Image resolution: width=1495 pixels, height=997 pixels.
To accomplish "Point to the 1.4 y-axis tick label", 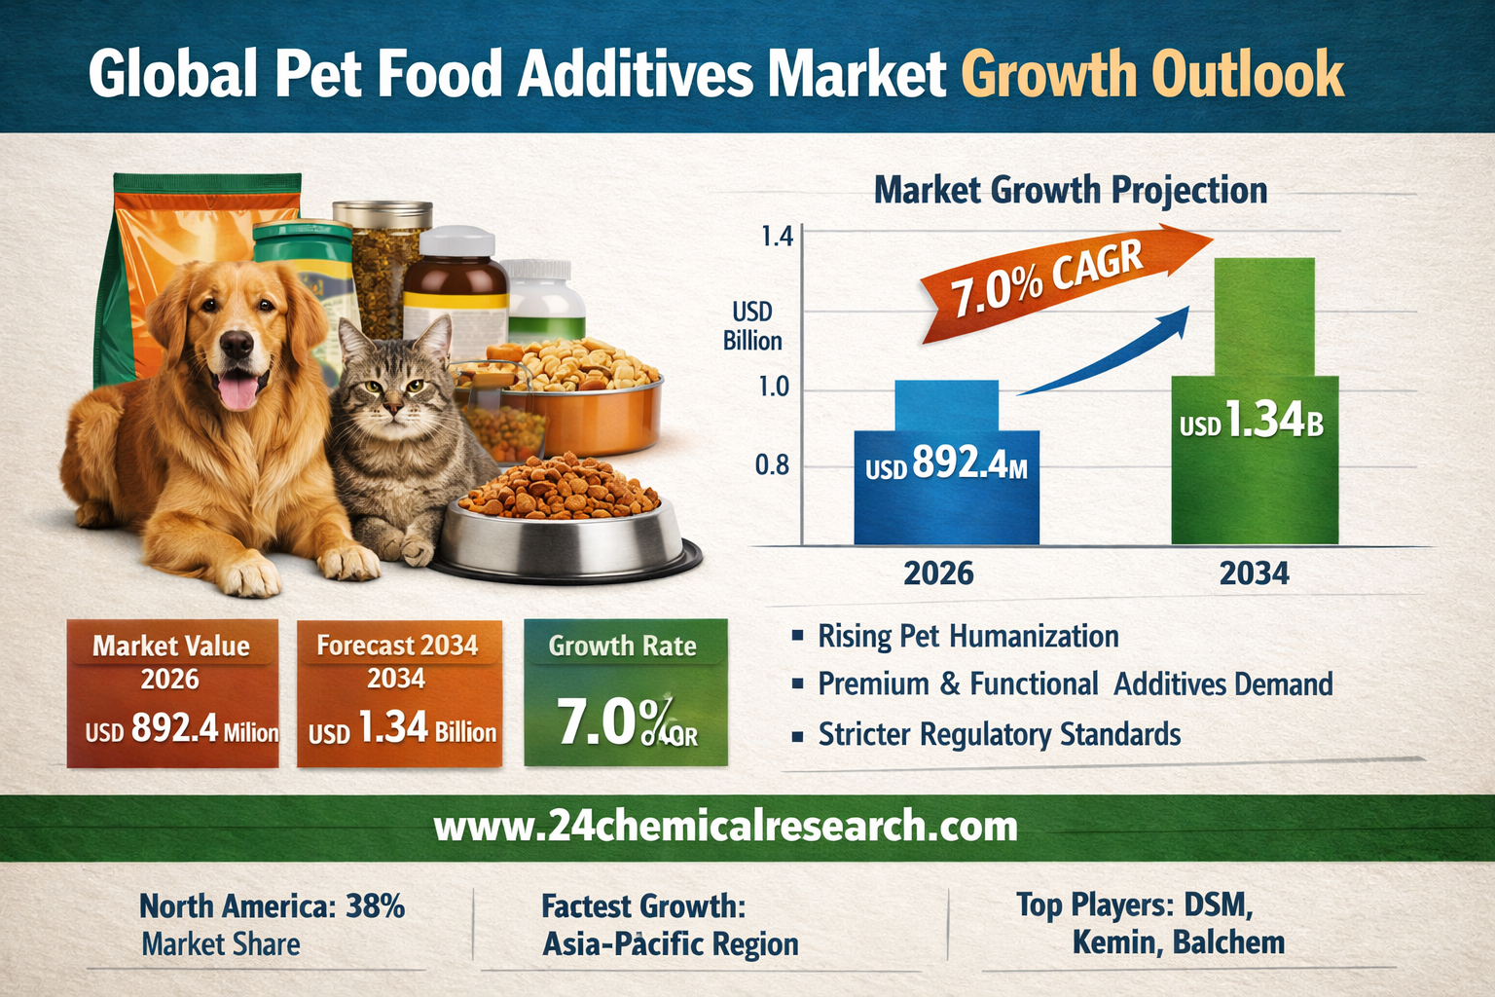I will tap(776, 237).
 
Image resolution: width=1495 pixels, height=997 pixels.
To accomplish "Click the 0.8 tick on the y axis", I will tap(773, 465).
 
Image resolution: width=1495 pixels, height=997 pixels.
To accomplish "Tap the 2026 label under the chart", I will tap(938, 572).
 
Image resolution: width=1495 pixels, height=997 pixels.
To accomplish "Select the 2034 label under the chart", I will tap(1254, 572).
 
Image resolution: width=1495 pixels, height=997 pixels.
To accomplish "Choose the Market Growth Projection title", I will tap(1071, 190).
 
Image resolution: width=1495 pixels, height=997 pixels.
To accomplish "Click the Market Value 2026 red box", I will tap(172, 692).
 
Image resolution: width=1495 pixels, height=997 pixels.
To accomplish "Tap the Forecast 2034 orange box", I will tap(399, 692).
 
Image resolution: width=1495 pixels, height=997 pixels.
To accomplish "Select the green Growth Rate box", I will tap(625, 692).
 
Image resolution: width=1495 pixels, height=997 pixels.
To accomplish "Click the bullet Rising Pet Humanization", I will tap(967, 637).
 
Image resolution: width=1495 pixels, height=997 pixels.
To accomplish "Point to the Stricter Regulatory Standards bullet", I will tap(999, 734).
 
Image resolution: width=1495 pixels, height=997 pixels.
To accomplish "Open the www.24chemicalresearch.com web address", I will tap(725, 827).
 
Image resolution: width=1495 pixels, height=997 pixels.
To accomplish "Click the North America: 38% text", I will tap(272, 906).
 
